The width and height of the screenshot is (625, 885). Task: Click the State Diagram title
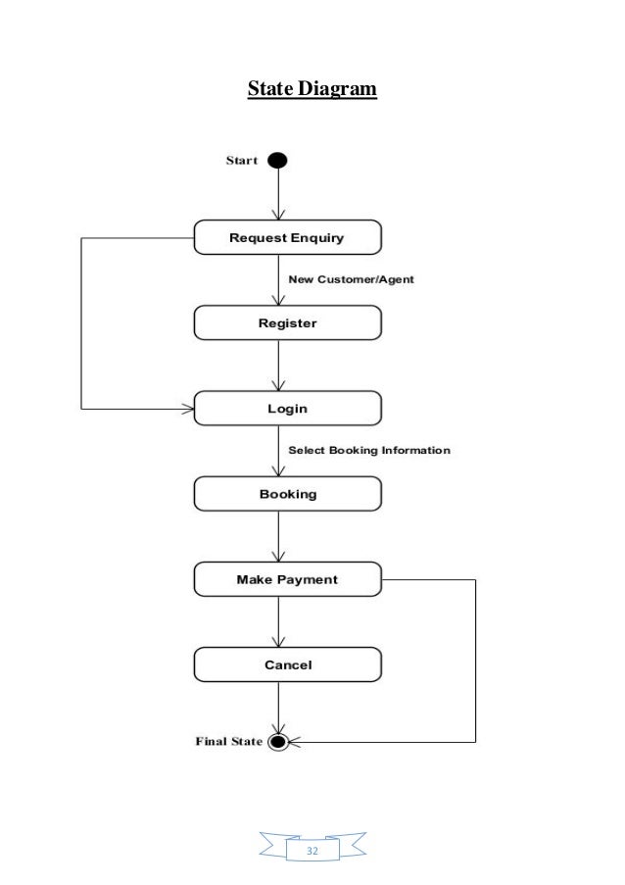pos(312,90)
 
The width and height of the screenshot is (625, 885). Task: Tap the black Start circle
pos(278,160)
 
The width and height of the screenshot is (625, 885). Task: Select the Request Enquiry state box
pos(287,237)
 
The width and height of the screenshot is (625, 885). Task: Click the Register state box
pos(287,322)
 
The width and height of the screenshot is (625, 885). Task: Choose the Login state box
pos(287,408)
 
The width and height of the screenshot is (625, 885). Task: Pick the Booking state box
pos(287,494)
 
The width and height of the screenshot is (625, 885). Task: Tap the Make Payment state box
pos(287,579)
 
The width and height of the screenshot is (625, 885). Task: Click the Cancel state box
pos(287,664)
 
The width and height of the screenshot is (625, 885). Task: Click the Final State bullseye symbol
pos(278,741)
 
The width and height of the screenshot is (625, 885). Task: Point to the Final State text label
pos(228,742)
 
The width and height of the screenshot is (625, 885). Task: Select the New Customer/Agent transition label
pos(351,279)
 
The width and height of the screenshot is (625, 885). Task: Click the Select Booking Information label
pos(368,451)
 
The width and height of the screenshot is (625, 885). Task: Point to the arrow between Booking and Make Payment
pos(279,537)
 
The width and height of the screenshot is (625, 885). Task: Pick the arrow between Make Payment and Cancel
pos(279,622)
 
